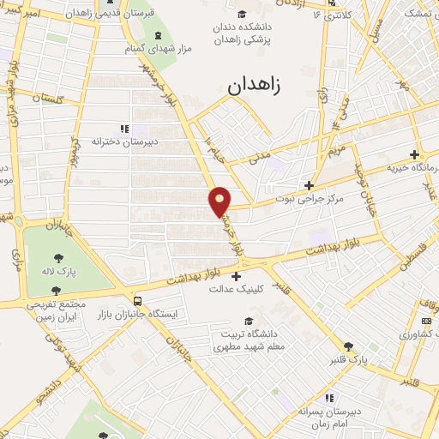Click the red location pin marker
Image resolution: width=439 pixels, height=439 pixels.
point(220,201)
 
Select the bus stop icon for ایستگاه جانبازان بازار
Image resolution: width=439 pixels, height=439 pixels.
point(138,301)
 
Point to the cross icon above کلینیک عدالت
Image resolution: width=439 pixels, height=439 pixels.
point(236,275)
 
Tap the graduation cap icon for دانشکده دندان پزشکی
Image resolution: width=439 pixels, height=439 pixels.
point(243,15)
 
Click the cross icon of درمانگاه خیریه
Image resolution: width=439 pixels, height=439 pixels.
point(415,155)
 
